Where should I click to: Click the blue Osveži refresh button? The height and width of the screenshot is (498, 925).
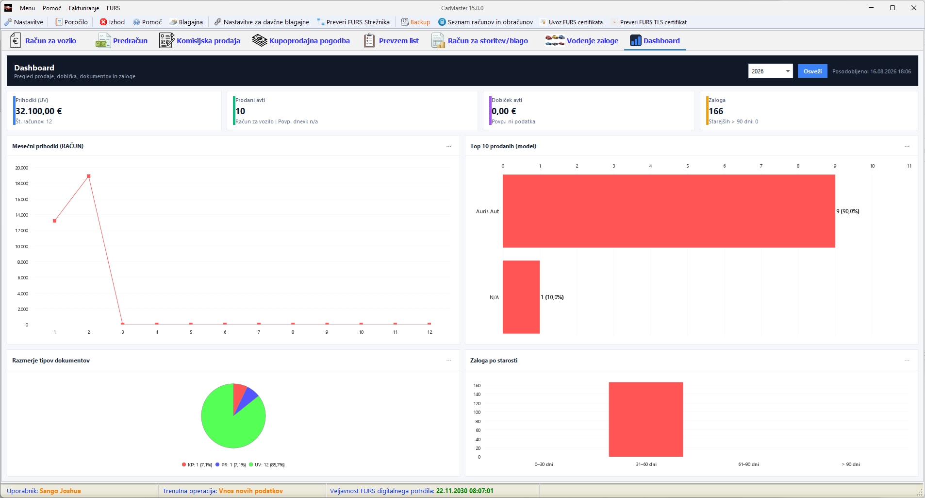coord(812,71)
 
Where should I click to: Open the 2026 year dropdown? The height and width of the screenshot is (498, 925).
coord(770,71)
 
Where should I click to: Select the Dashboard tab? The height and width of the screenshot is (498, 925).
coord(655,41)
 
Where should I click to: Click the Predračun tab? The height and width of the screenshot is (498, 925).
coord(122,41)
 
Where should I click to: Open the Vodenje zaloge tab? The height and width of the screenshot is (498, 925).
coord(582,41)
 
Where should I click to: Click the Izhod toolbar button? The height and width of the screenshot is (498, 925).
coord(112,22)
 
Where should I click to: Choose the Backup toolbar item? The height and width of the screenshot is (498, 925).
coord(415,22)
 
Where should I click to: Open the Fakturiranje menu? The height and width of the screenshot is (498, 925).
coord(84,8)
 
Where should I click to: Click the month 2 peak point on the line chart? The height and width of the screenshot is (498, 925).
coord(88,176)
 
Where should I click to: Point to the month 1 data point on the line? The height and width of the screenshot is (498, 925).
coord(54,221)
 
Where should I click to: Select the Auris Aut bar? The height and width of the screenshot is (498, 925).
coord(669,211)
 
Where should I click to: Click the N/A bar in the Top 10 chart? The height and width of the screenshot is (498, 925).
coord(521,297)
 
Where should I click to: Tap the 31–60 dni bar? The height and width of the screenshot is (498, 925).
coord(646,419)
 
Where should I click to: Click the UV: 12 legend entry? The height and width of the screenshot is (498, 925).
coord(266,465)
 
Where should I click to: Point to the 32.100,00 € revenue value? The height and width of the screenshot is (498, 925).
coord(39,111)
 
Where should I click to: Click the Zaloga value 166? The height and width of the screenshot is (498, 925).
coord(716,111)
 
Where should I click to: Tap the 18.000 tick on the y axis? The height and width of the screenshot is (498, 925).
coord(22,184)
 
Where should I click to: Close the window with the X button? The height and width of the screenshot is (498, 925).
coord(914,8)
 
